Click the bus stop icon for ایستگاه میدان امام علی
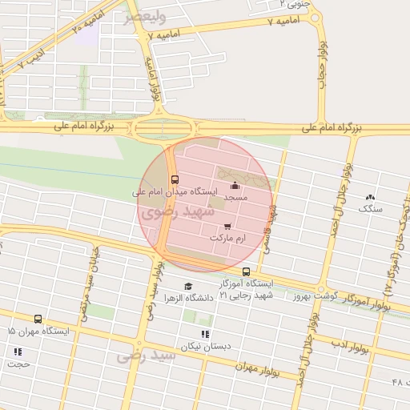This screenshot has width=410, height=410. [175, 179]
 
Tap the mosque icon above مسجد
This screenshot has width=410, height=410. [234, 187]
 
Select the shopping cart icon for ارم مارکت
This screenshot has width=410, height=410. [227, 227]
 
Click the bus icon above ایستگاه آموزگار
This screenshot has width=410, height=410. [246, 271]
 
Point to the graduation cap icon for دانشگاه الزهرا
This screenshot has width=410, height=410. [188, 286]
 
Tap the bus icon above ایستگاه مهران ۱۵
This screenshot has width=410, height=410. [38, 319]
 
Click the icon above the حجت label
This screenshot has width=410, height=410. [18, 351]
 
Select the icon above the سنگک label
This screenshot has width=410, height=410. [370, 197]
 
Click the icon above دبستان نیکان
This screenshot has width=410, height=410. [205, 333]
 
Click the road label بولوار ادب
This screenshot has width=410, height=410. [351, 347]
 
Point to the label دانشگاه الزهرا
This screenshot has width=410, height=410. [187, 298]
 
